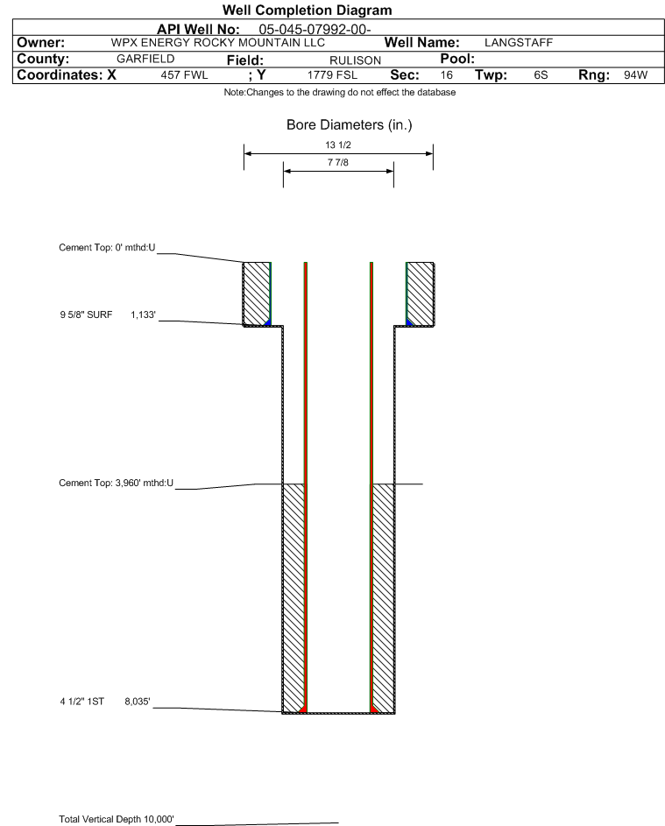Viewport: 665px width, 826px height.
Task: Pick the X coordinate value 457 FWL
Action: pyautogui.click(x=184, y=75)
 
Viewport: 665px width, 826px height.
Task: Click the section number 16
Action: pyautogui.click(x=447, y=75)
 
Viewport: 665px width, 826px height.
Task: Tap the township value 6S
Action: pyautogui.click(x=541, y=75)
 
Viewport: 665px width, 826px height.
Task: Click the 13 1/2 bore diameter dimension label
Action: pyautogui.click(x=337, y=145)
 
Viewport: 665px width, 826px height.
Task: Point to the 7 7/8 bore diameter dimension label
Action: pyautogui.click(x=337, y=163)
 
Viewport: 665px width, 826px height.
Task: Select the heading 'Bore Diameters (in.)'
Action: pyautogui.click(x=349, y=125)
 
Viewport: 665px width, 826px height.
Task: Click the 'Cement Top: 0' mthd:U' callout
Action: pyautogui.click(x=107, y=248)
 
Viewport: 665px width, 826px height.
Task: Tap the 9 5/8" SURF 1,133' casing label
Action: pyautogui.click(x=107, y=314)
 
